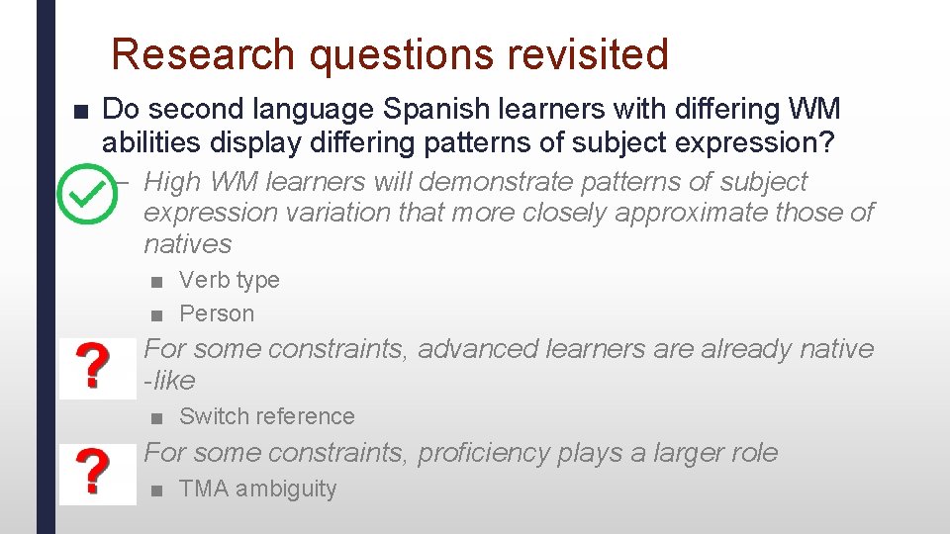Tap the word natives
(187, 244)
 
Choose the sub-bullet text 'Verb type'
(229, 281)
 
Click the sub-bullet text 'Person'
(217, 314)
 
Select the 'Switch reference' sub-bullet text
(266, 417)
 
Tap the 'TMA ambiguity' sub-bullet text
(257, 489)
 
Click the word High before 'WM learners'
(172, 182)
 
